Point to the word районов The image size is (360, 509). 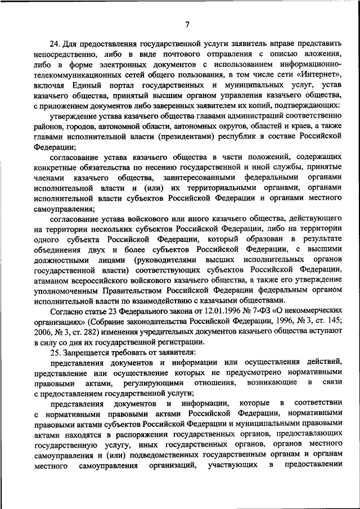(x=48, y=125)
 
